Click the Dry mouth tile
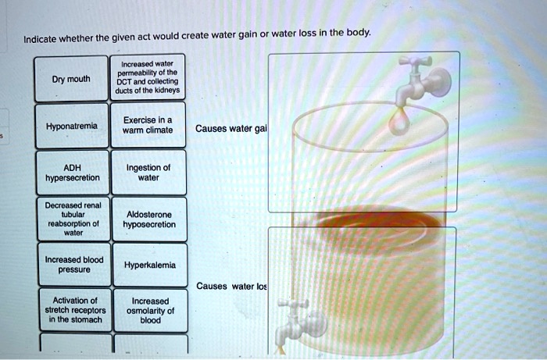click(70, 79)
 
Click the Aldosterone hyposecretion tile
click(150, 219)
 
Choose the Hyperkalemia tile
click(150, 265)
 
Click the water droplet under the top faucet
click(399, 119)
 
